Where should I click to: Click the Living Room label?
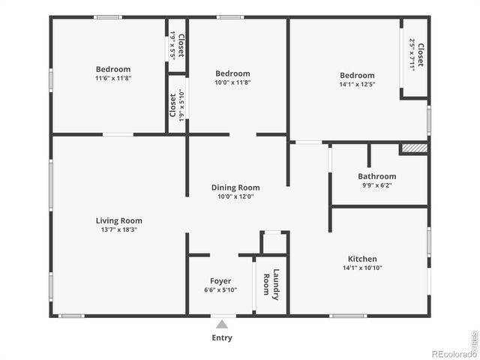pos(118,220)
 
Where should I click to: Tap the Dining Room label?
pos(235,187)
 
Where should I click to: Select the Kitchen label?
pos(361,259)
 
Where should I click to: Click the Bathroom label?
pos(376,176)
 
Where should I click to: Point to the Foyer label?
pos(220,281)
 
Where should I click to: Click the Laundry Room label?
pos(271,284)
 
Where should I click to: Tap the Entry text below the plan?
pos(221,337)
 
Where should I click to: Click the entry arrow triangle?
pos(221,324)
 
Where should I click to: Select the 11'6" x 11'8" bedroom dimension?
pos(112,79)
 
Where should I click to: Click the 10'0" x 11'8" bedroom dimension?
pos(232,82)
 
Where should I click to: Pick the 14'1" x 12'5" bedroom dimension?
pos(356,85)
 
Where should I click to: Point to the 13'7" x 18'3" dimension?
pos(118,230)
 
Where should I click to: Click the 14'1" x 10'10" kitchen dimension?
pos(361,268)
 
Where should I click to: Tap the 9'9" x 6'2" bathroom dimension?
pos(376,185)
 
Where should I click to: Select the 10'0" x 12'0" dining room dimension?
pos(235,196)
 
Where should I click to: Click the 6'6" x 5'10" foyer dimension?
pos(220,290)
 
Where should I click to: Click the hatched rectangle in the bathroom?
pos(414,148)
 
